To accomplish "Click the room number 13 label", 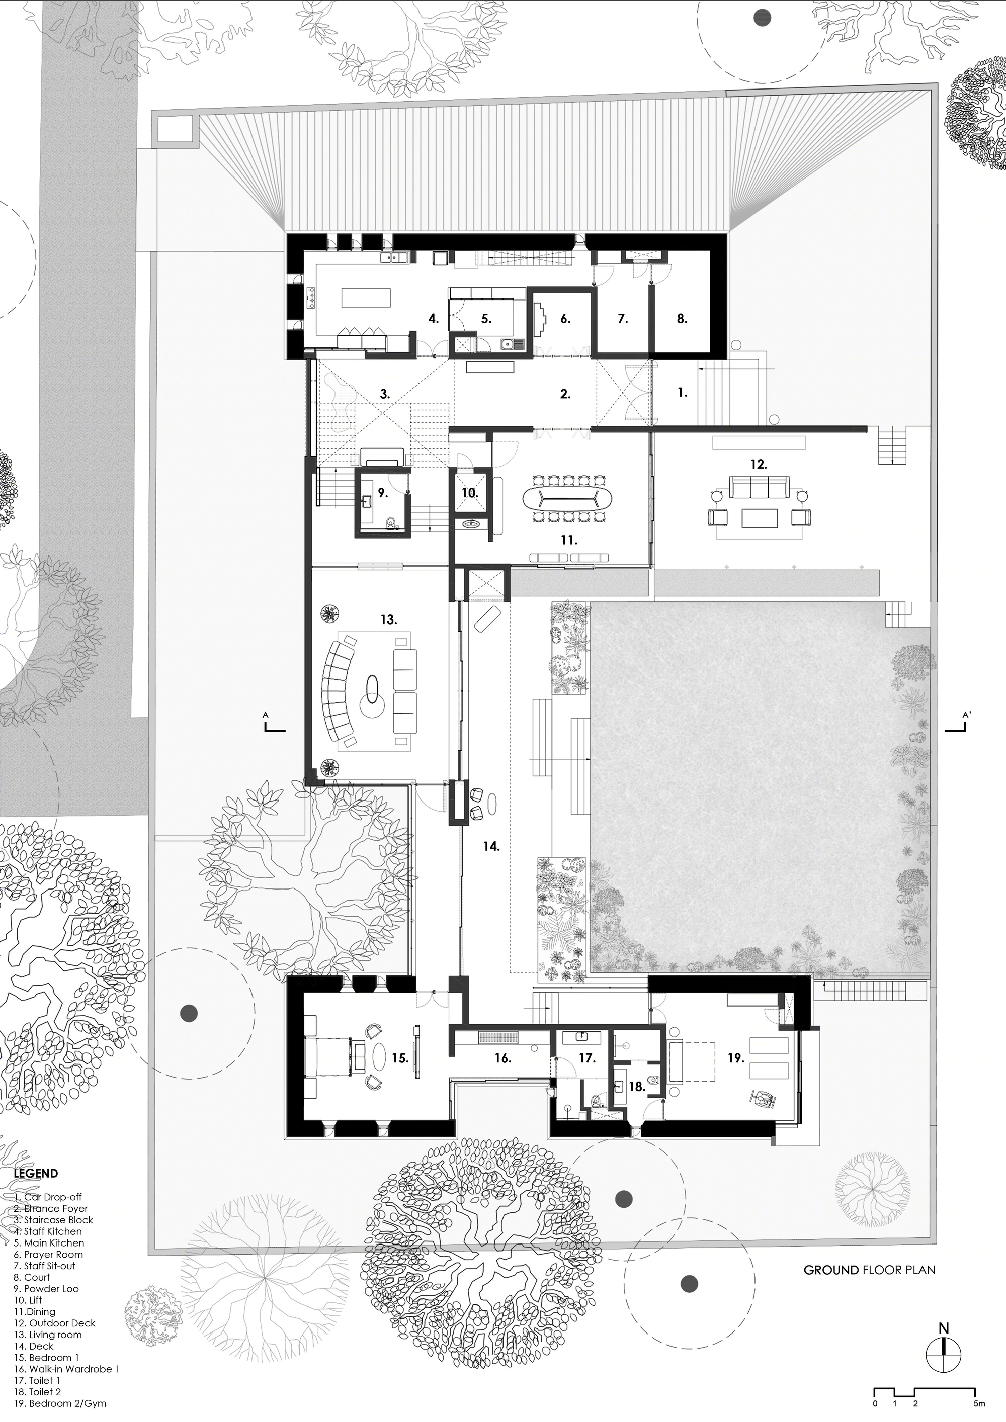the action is pyautogui.click(x=388, y=619).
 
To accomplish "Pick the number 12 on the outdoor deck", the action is pyautogui.click(x=759, y=464).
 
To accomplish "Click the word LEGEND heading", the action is pyautogui.click(x=36, y=1173).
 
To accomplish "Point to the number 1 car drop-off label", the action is pyautogui.click(x=682, y=392).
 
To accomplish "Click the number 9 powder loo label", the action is pyautogui.click(x=383, y=493).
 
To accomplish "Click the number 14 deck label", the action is pyautogui.click(x=491, y=846).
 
